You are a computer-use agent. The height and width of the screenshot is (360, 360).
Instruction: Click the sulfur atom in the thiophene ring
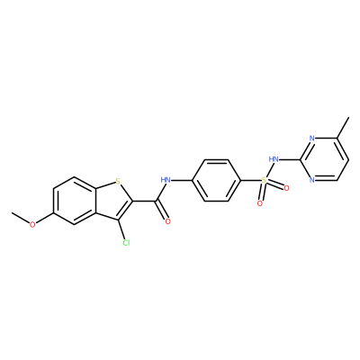coord(118,181)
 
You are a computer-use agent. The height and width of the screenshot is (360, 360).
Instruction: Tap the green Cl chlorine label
coord(126,243)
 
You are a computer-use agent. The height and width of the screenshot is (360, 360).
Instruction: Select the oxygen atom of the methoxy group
coord(32,224)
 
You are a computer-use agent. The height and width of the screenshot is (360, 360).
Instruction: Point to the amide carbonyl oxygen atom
coord(167,221)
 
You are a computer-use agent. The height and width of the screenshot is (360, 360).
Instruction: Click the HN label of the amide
coord(166,180)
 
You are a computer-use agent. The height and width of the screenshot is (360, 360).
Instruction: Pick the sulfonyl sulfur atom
coord(264,180)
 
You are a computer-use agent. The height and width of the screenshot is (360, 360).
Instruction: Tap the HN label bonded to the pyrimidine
coord(274,158)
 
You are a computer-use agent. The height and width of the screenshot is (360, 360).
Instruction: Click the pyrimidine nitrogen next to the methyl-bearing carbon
coord(312,139)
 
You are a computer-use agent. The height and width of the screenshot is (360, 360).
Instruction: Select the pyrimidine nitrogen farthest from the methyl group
coord(312,180)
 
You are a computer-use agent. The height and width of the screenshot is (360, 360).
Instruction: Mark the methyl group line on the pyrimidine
coord(343,128)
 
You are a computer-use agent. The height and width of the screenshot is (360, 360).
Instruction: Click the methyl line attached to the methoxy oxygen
coord(21,218)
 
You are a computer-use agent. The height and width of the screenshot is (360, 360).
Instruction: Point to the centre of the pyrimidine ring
coord(324,159)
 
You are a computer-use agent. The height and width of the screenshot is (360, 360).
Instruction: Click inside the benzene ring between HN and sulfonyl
coord(216,180)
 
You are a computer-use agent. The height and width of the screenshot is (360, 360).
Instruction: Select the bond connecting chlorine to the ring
coord(122,230)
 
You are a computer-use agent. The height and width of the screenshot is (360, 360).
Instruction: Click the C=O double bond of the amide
coord(161,211)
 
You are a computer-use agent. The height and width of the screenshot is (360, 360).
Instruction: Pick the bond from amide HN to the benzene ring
coord(181,180)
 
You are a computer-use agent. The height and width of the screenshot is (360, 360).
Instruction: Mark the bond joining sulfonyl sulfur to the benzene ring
coord(250,180)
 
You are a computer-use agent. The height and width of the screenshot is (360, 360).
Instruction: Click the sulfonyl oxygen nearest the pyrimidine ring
coord(286,188)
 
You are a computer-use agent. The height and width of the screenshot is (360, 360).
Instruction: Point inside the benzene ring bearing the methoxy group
coord(75,201)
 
